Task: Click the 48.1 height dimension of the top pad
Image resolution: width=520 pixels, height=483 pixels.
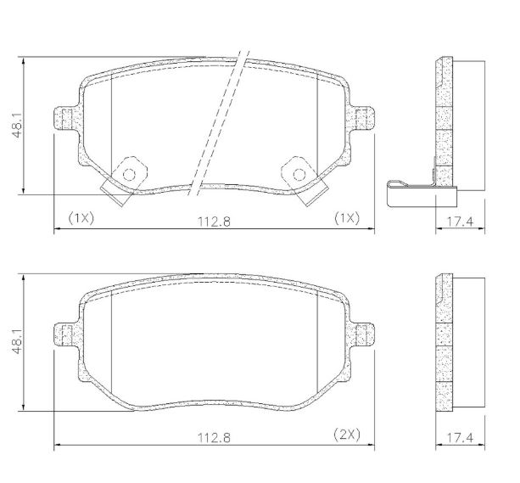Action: click(17, 125)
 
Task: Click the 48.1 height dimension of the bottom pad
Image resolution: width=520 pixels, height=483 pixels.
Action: click(17, 342)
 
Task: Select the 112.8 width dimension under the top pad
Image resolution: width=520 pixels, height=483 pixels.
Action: click(214, 222)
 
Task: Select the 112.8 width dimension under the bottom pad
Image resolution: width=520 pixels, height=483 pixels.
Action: click(214, 438)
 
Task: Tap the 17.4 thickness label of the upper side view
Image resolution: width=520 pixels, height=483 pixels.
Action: click(461, 222)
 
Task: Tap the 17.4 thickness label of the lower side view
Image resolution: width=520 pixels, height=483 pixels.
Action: click(461, 438)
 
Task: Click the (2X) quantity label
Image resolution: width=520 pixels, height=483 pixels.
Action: click(347, 434)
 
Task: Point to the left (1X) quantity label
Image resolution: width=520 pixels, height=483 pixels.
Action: click(81, 218)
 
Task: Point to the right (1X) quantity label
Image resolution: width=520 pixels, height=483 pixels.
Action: click(347, 218)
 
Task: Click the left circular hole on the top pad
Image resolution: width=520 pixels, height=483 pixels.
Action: click(129, 174)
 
